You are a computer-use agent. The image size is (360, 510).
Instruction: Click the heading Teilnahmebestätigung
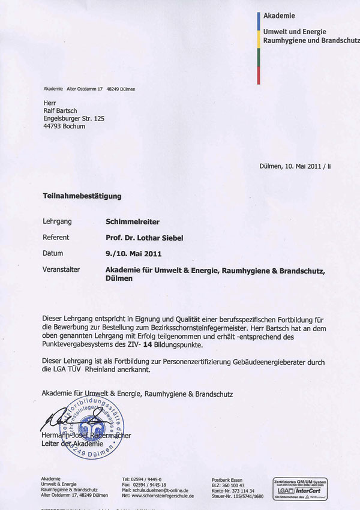[x=82, y=196]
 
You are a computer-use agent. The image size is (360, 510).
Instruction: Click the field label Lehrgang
[x=57, y=221]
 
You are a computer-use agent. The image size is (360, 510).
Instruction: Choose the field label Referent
[x=56, y=238]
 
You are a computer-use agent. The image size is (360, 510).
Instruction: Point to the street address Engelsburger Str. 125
[x=74, y=119]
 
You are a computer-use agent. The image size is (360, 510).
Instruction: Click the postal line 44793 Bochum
[x=64, y=127]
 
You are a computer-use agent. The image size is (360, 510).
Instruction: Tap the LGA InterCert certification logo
[x=300, y=488]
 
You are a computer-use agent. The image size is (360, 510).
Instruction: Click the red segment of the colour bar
[x=258, y=75]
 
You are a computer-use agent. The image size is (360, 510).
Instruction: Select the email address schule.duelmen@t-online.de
[x=160, y=490]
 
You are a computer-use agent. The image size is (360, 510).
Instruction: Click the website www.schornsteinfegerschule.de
[x=162, y=496]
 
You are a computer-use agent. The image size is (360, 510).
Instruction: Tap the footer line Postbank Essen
[x=227, y=479]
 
